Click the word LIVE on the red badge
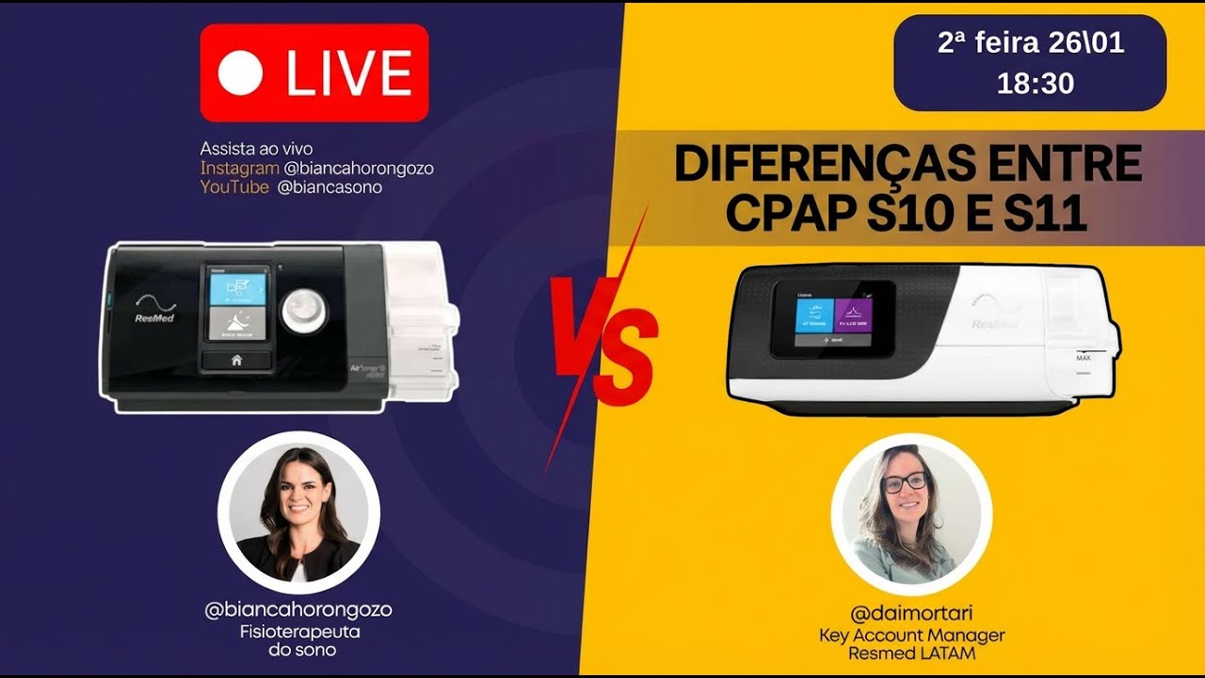[x=349, y=73]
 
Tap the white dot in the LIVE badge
[x=240, y=73]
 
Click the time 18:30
[x=1035, y=84]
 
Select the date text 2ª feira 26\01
[x=1031, y=43]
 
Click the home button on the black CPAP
[x=236, y=359]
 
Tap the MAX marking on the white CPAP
[x=1084, y=358]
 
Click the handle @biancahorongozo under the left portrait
[x=298, y=610]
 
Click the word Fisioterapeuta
[x=298, y=632]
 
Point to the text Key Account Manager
[x=911, y=636]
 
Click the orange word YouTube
[x=234, y=186]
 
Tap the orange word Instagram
[x=239, y=168]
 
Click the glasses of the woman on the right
[x=906, y=482]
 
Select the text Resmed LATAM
[x=911, y=653]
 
